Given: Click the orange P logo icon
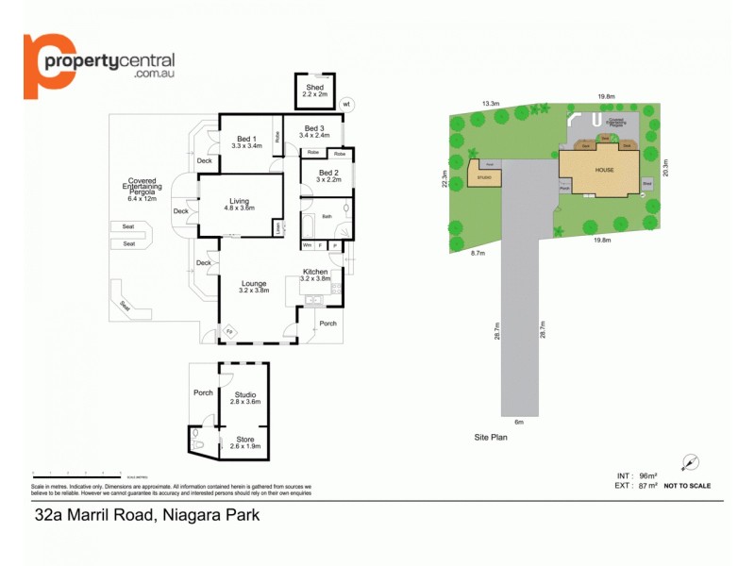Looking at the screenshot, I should tap(48, 65).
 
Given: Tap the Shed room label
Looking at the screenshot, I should tap(313, 88).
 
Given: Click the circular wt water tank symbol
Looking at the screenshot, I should tap(346, 104).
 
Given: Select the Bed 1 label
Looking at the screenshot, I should tap(246, 140).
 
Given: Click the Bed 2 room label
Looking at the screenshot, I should tap(327, 173).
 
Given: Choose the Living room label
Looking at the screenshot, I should tap(239, 200).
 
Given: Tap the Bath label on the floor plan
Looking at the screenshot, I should tap(327, 217).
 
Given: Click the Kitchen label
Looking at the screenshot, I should tap(314, 272).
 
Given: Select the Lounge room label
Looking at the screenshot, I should tap(253, 283).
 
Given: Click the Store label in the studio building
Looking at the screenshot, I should tap(244, 439).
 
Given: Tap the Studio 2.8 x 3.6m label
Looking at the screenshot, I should tap(244, 398).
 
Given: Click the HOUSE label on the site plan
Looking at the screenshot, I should tap(603, 171).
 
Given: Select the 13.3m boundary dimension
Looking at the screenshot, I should tap(490, 102).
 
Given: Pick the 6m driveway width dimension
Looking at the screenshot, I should tap(518, 422).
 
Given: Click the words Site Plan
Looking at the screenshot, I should tap(492, 439).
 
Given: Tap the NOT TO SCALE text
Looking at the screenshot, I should tap(687, 486).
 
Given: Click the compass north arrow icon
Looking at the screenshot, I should tap(692, 462).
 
